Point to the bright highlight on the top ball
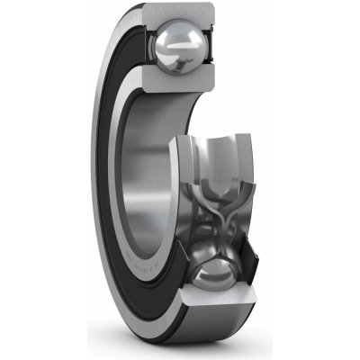click(x=174, y=40)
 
